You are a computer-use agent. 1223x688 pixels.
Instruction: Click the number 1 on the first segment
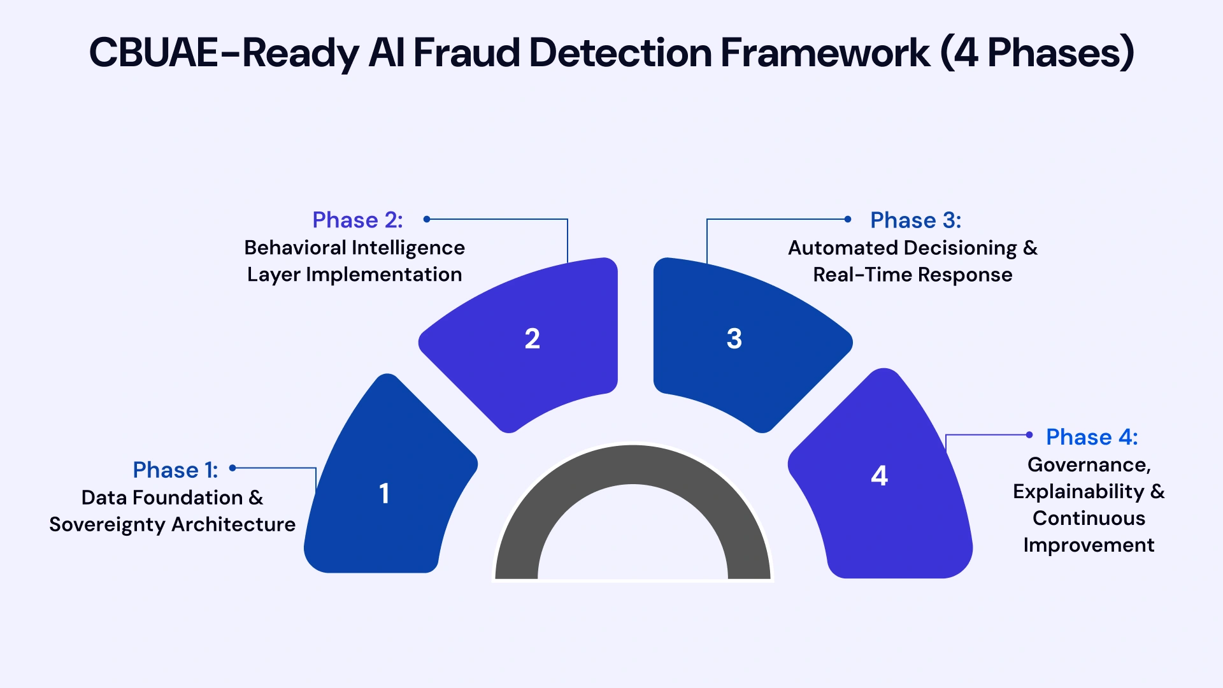384,494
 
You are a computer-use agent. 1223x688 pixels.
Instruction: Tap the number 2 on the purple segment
533,339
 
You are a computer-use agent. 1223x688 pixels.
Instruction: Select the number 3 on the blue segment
734,339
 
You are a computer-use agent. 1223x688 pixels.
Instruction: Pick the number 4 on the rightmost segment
880,476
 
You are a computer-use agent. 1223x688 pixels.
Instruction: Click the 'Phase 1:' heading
175,470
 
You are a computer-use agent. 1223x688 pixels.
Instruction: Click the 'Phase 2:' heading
357,220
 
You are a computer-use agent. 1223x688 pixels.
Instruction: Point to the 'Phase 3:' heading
915,220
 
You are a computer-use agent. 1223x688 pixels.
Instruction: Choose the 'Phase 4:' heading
1092,437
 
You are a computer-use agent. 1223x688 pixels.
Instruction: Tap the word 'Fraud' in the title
468,53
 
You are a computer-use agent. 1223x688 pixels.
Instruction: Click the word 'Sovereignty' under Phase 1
107,524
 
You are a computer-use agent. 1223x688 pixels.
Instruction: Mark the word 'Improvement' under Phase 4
1089,545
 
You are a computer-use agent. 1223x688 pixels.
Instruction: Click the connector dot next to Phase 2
427,219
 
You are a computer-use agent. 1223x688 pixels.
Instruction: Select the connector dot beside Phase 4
1029,435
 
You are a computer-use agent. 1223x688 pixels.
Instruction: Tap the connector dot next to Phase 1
233,468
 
